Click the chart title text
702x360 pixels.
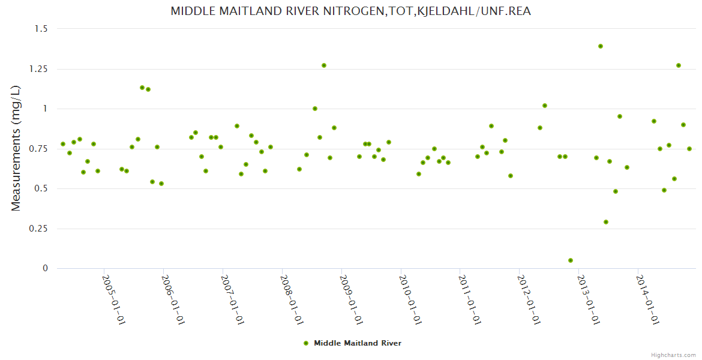click(x=350, y=11)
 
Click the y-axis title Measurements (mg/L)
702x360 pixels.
click(x=16, y=148)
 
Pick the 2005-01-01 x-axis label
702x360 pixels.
click(x=113, y=299)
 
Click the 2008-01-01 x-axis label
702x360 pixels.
click(x=291, y=299)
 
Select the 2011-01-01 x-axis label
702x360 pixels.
click(x=469, y=299)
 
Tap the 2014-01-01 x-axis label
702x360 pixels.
click(x=647, y=299)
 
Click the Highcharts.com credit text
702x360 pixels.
click(x=673, y=355)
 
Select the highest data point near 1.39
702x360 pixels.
click(x=601, y=46)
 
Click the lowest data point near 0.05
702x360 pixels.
click(x=571, y=260)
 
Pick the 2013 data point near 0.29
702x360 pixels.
click(x=606, y=222)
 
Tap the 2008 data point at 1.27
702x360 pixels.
click(x=324, y=65)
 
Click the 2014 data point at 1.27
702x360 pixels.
click(x=679, y=65)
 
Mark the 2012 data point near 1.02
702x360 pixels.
click(x=545, y=106)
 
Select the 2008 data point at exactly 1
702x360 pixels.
click(x=315, y=109)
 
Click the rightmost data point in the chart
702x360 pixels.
click(x=689, y=149)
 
